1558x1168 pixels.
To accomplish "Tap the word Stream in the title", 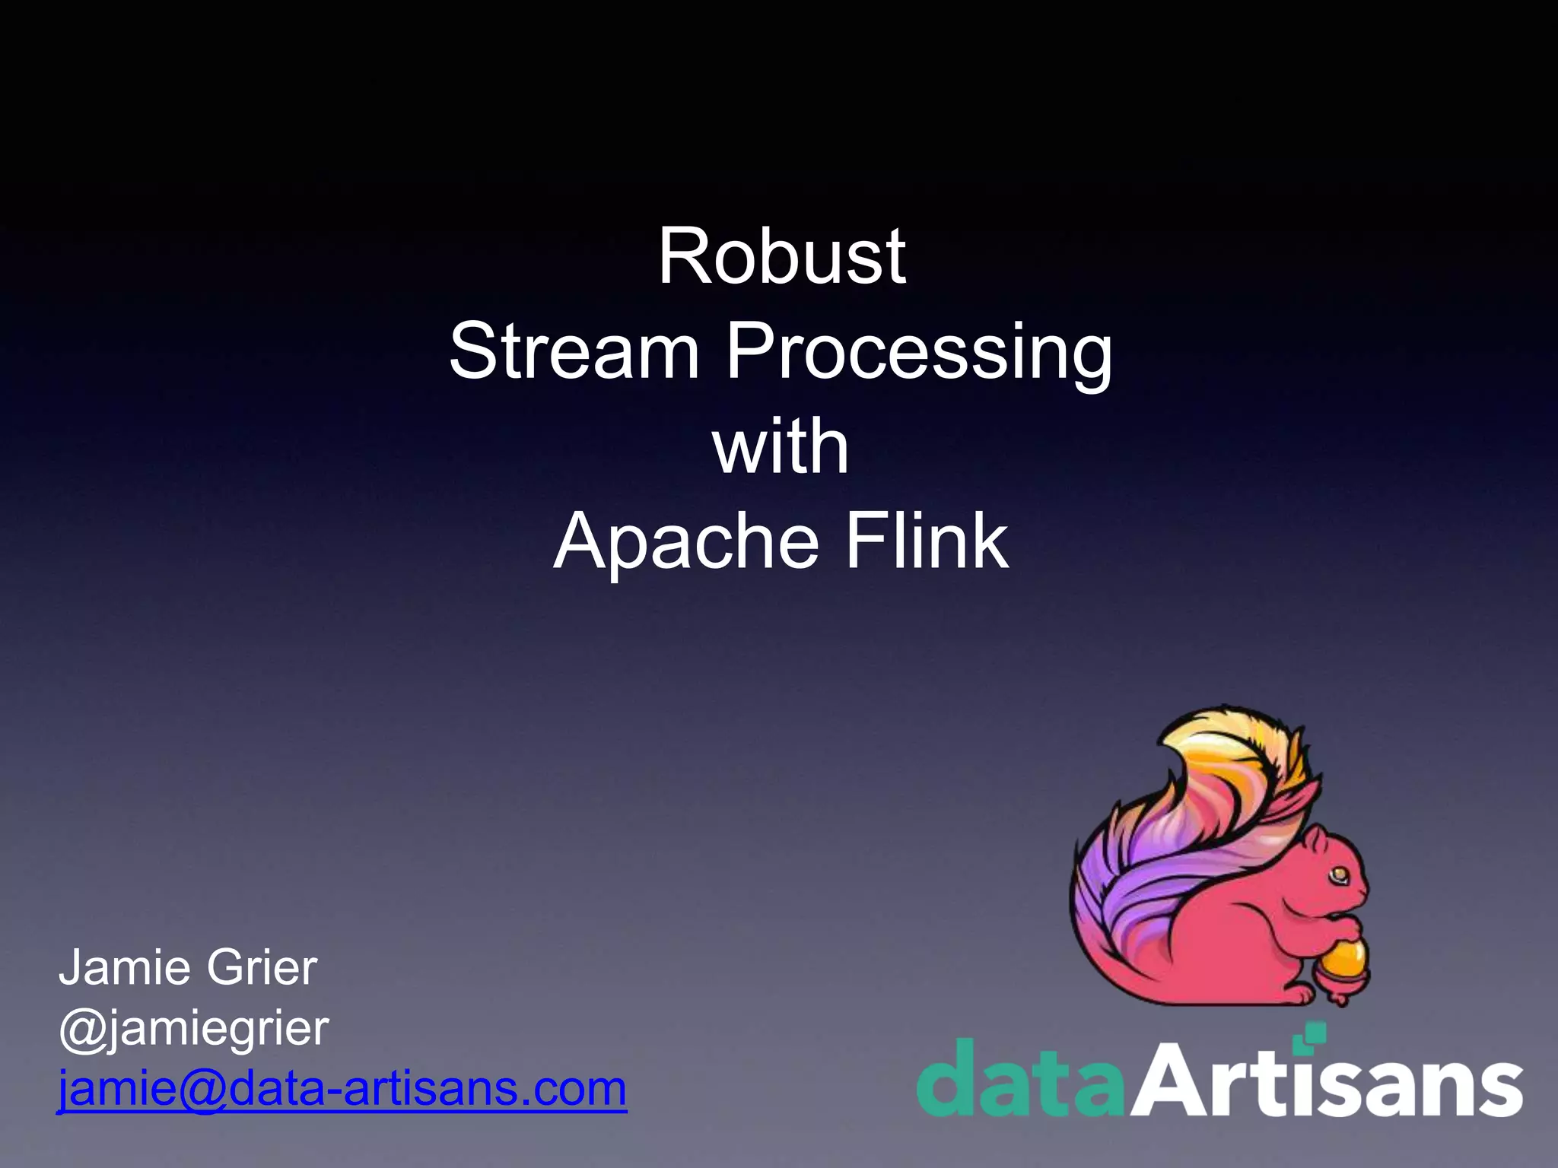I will coord(574,351).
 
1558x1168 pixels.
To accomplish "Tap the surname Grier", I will coord(261,968).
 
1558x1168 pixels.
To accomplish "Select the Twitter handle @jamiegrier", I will coord(193,1029).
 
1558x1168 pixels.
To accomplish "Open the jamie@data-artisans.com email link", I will coord(342,1088).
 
